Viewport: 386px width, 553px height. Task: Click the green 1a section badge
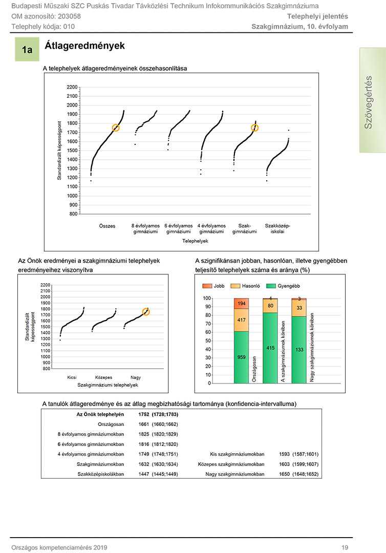tap(27, 49)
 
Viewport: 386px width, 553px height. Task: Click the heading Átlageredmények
tap(84, 46)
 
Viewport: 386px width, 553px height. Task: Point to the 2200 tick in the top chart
tap(72, 87)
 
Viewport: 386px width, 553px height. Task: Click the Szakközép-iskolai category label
tap(277, 228)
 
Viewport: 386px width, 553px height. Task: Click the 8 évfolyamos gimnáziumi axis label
tap(145, 228)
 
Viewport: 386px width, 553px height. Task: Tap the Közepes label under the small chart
tap(103, 377)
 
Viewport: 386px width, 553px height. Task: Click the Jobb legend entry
tap(213, 286)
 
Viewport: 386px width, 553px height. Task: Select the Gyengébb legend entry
tap(284, 286)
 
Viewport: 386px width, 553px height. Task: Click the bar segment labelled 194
tap(242, 304)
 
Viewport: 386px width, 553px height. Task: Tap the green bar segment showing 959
tap(242, 357)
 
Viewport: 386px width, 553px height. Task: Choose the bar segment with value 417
tap(242, 320)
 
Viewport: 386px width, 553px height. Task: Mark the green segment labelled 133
tap(299, 350)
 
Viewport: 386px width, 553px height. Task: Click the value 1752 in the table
tap(144, 414)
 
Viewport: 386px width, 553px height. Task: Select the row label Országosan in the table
tap(111, 424)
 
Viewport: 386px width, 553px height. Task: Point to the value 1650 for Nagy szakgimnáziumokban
tap(285, 474)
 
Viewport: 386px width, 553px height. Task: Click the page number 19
tap(345, 547)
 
